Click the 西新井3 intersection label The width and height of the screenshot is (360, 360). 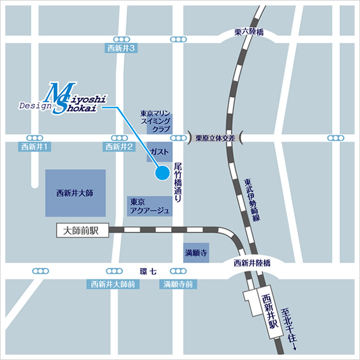click(x=123, y=49)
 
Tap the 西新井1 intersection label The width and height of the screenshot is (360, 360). click(x=35, y=147)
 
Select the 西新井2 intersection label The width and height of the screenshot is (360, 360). click(x=118, y=147)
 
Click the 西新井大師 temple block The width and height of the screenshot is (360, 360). click(x=75, y=193)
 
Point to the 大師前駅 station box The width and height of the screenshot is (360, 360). click(x=82, y=230)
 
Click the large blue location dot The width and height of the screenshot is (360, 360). click(x=162, y=173)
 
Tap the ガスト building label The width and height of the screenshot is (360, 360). click(x=160, y=151)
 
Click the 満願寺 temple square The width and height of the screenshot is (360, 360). click(x=196, y=252)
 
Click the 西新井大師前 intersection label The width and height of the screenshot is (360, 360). click(x=112, y=284)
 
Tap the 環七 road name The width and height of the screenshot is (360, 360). click(x=148, y=271)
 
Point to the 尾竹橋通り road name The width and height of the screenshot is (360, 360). click(x=178, y=183)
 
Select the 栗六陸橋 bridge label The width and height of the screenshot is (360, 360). click(x=249, y=32)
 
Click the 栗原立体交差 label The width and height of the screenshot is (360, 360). click(x=215, y=138)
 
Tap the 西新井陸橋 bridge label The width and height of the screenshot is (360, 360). click(x=252, y=262)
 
